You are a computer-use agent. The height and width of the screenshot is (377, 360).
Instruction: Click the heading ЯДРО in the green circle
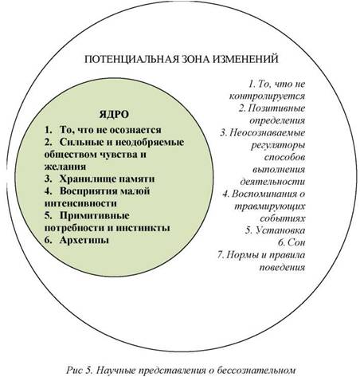tap(114, 115)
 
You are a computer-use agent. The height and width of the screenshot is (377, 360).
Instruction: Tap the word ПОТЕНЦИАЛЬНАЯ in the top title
tap(131, 59)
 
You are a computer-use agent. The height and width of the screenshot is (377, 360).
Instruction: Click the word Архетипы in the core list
tap(84, 241)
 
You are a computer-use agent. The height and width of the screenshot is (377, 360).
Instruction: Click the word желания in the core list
tap(65, 167)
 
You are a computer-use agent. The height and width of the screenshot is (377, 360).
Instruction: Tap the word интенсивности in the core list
tap(80, 203)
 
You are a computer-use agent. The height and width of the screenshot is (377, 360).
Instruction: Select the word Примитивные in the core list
tap(95, 215)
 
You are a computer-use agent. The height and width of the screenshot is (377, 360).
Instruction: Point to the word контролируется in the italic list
tap(267, 96)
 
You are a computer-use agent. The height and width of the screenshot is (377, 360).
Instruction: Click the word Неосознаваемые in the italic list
tap(268, 132)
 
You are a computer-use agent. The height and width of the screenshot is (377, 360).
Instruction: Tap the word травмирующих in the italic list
tap(270, 206)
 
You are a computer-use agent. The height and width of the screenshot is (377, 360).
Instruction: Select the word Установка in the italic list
tap(280, 230)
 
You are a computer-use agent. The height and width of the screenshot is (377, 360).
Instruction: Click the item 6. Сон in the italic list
tap(292, 242)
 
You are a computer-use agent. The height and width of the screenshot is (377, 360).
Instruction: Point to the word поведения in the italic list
tap(282, 267)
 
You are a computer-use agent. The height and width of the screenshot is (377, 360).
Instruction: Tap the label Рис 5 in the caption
tap(79, 370)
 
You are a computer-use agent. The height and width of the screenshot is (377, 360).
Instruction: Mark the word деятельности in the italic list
tap(272, 182)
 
